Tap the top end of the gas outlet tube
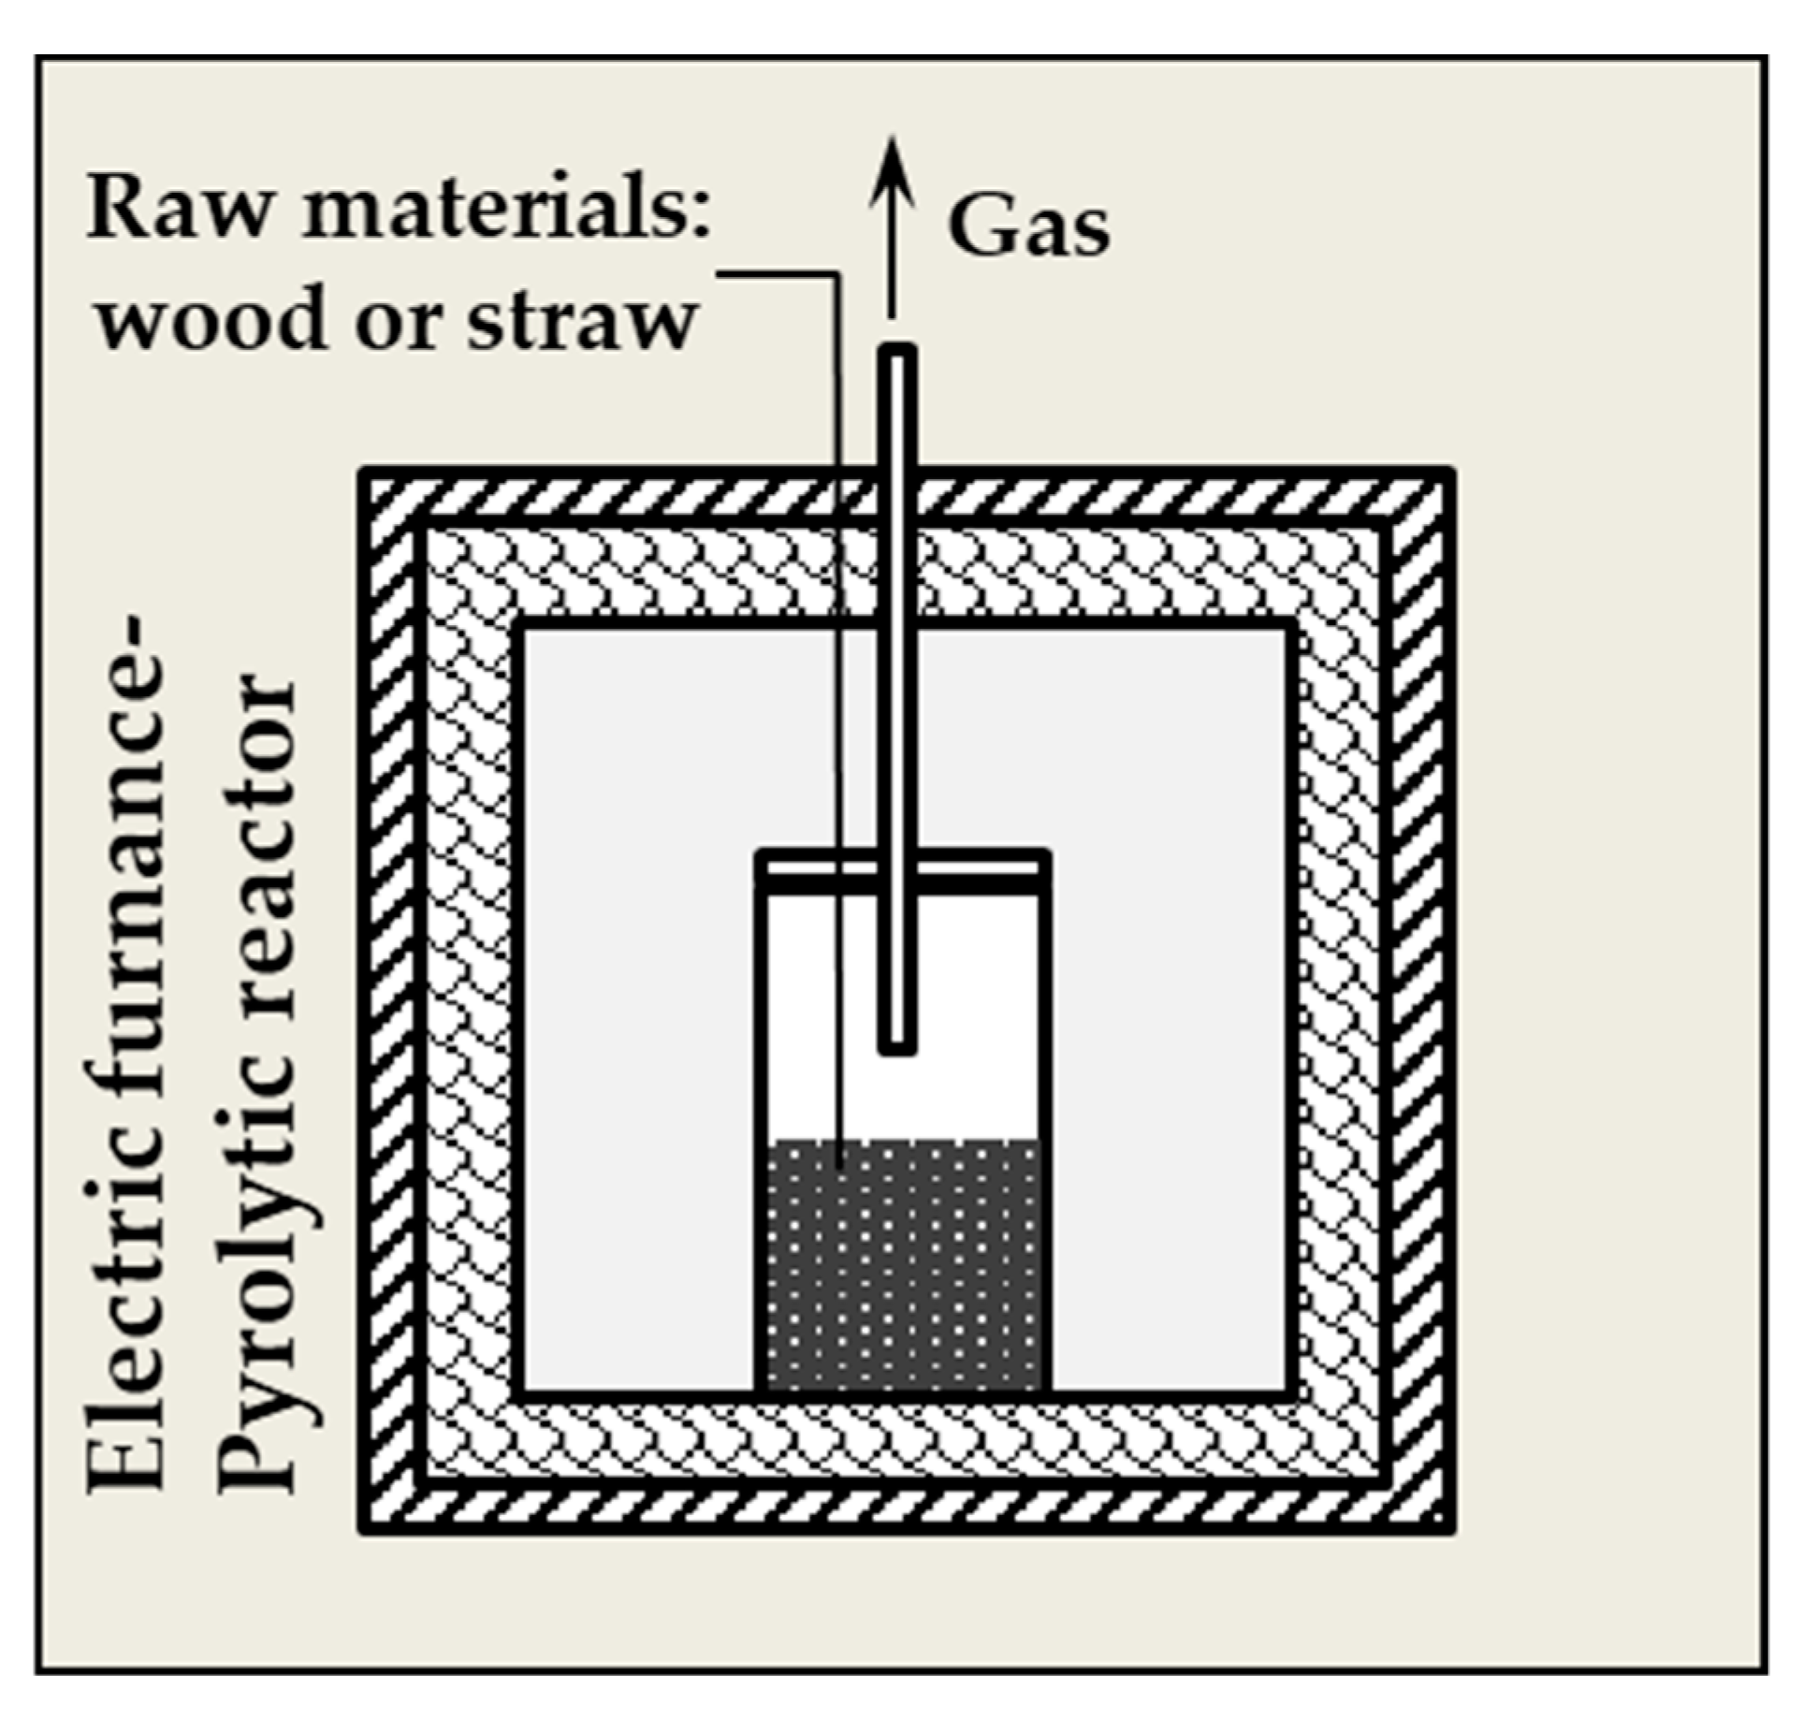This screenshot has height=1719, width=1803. [897, 354]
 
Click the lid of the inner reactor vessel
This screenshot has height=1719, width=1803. [982, 865]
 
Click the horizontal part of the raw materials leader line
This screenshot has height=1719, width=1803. [777, 274]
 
